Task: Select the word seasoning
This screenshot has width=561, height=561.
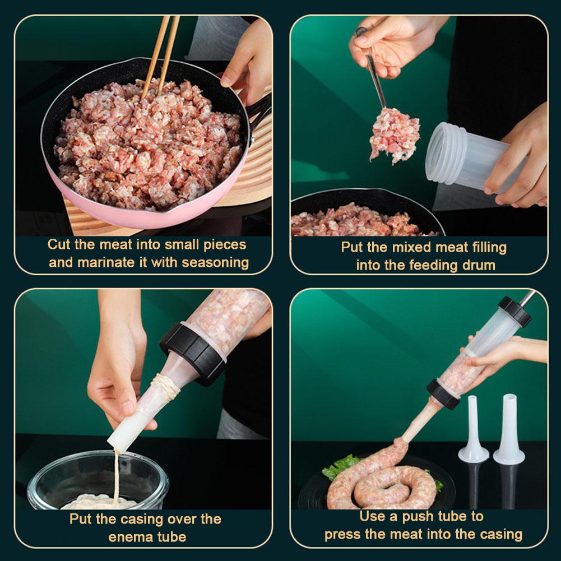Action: click(x=212, y=262)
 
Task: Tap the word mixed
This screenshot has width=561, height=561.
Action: click(x=407, y=247)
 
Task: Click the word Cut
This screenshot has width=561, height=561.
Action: click(x=59, y=245)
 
